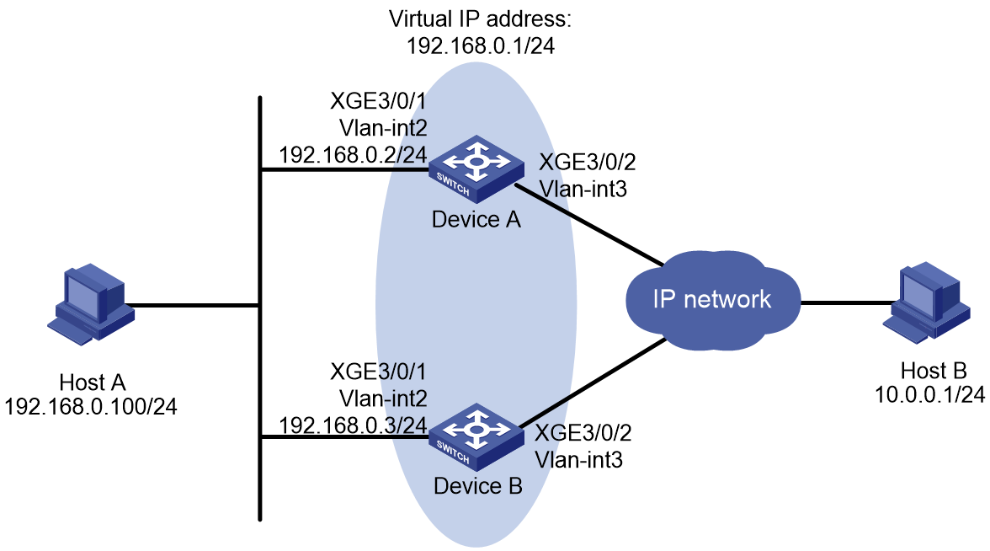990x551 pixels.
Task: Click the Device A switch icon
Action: (x=476, y=169)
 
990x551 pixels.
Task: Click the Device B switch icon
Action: (x=476, y=436)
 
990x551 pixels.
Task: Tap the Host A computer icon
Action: (x=90, y=304)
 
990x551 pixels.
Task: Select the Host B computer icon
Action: (x=926, y=302)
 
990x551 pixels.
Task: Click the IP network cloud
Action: (x=713, y=300)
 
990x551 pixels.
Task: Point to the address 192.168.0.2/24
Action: (x=353, y=155)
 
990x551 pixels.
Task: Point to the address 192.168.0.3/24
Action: (x=353, y=425)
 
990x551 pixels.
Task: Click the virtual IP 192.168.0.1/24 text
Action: (x=481, y=46)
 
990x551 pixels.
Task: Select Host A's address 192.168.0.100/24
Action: (x=91, y=406)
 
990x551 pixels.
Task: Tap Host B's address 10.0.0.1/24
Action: (x=929, y=394)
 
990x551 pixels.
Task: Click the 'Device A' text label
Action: (x=476, y=219)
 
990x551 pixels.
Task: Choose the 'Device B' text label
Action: (x=478, y=486)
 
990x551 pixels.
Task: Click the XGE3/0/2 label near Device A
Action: (x=588, y=162)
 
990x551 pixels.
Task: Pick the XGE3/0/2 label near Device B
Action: (x=583, y=433)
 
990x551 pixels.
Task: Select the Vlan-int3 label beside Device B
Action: (x=579, y=459)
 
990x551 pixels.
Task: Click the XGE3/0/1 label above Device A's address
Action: (x=379, y=101)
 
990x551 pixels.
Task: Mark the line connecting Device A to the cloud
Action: (x=590, y=224)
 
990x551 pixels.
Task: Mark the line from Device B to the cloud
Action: (x=593, y=382)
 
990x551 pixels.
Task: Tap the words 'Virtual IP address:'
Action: (x=480, y=19)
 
